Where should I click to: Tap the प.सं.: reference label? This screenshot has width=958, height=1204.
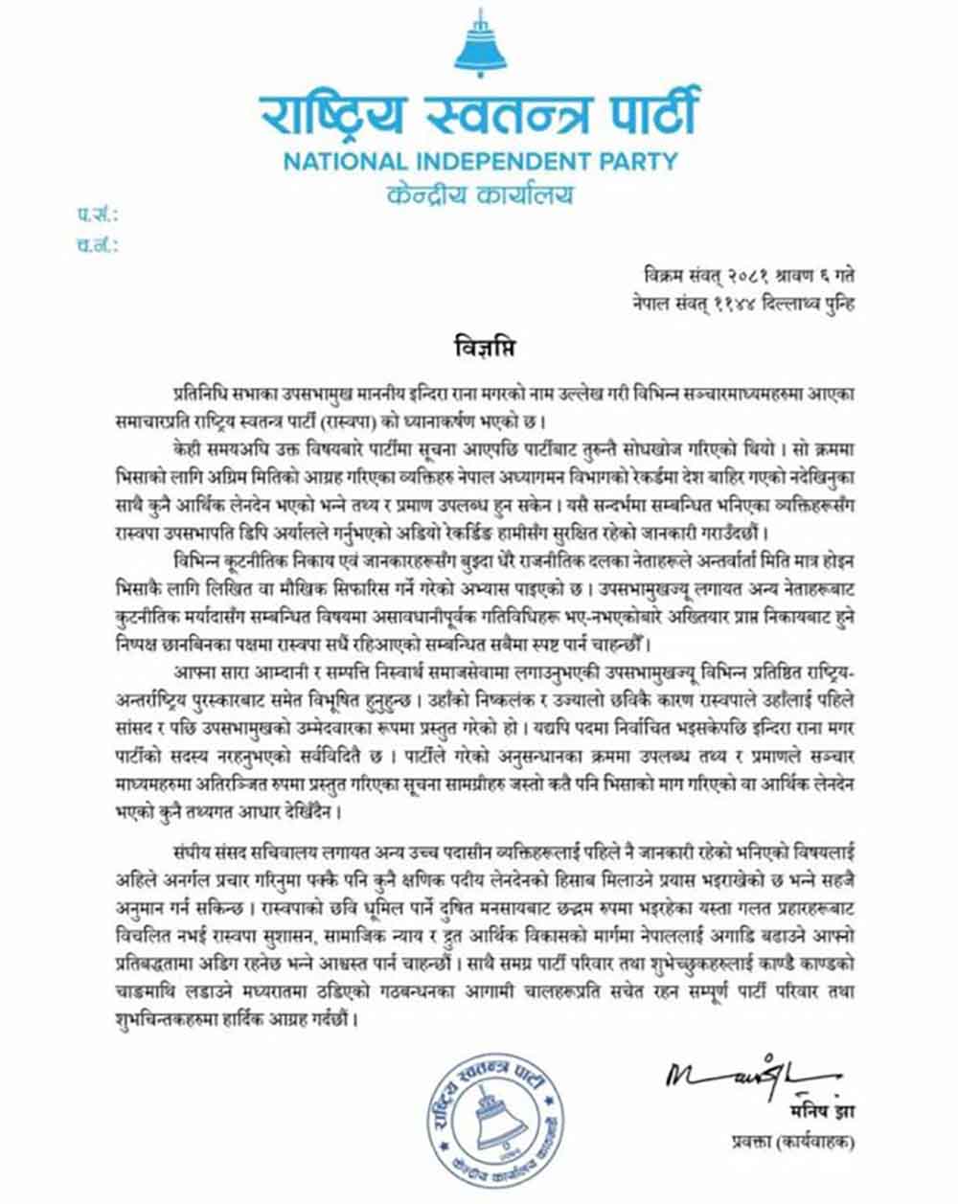click(97, 216)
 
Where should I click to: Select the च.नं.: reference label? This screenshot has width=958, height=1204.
click(97, 246)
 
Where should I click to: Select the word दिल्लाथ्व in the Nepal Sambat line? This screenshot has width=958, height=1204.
click(780, 305)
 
